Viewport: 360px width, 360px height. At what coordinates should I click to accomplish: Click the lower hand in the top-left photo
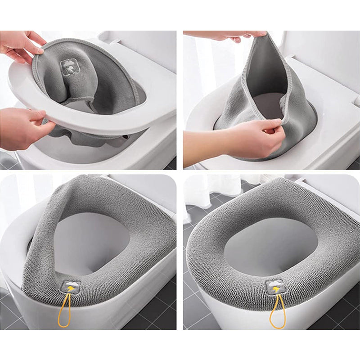(22, 128)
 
